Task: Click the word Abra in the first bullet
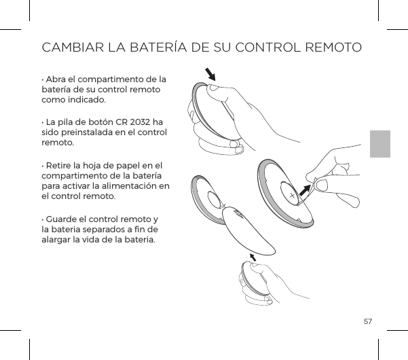56,80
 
